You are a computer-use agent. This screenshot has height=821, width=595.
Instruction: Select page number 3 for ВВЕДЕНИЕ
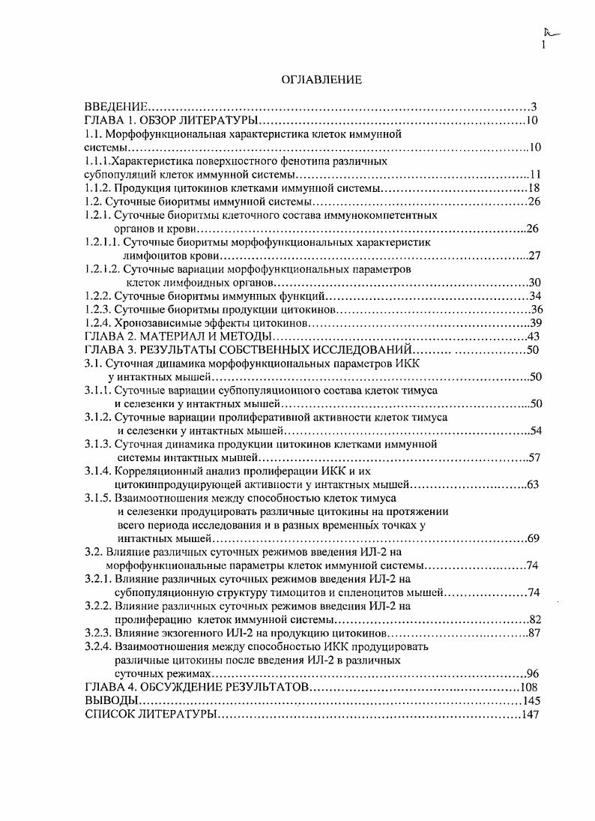[x=534, y=106]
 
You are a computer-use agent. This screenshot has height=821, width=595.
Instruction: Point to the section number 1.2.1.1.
[x=102, y=242]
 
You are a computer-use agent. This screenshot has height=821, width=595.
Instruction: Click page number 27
[x=534, y=256]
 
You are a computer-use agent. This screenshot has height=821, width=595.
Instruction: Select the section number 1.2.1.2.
[x=102, y=268]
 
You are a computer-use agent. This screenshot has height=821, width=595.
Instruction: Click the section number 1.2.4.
[x=98, y=323]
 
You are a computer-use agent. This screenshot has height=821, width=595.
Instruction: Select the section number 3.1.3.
[x=98, y=444]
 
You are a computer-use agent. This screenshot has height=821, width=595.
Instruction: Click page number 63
[x=533, y=484]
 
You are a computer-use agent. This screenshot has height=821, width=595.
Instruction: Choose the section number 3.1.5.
[x=98, y=498]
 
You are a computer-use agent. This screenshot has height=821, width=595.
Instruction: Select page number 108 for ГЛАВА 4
[x=530, y=687]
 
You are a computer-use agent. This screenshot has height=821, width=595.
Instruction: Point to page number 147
[x=530, y=715]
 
